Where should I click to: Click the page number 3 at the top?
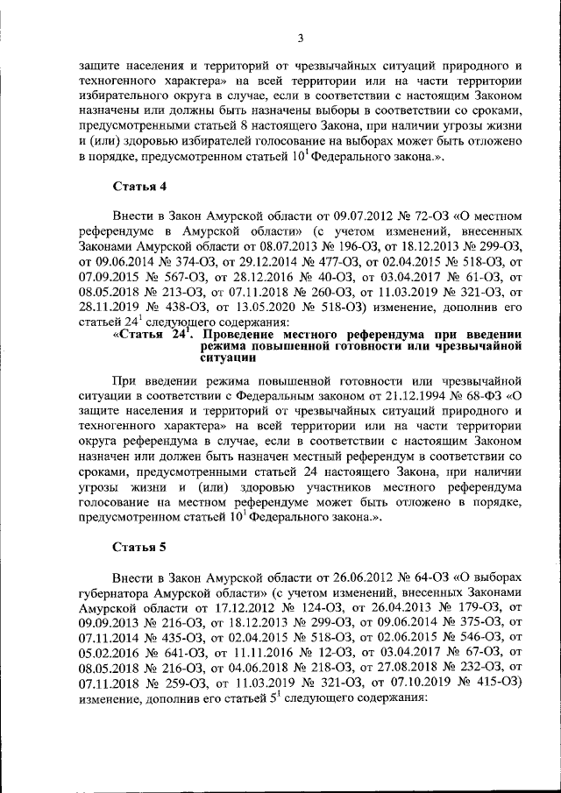tap(299, 38)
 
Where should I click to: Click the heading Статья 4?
tap(138, 187)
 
